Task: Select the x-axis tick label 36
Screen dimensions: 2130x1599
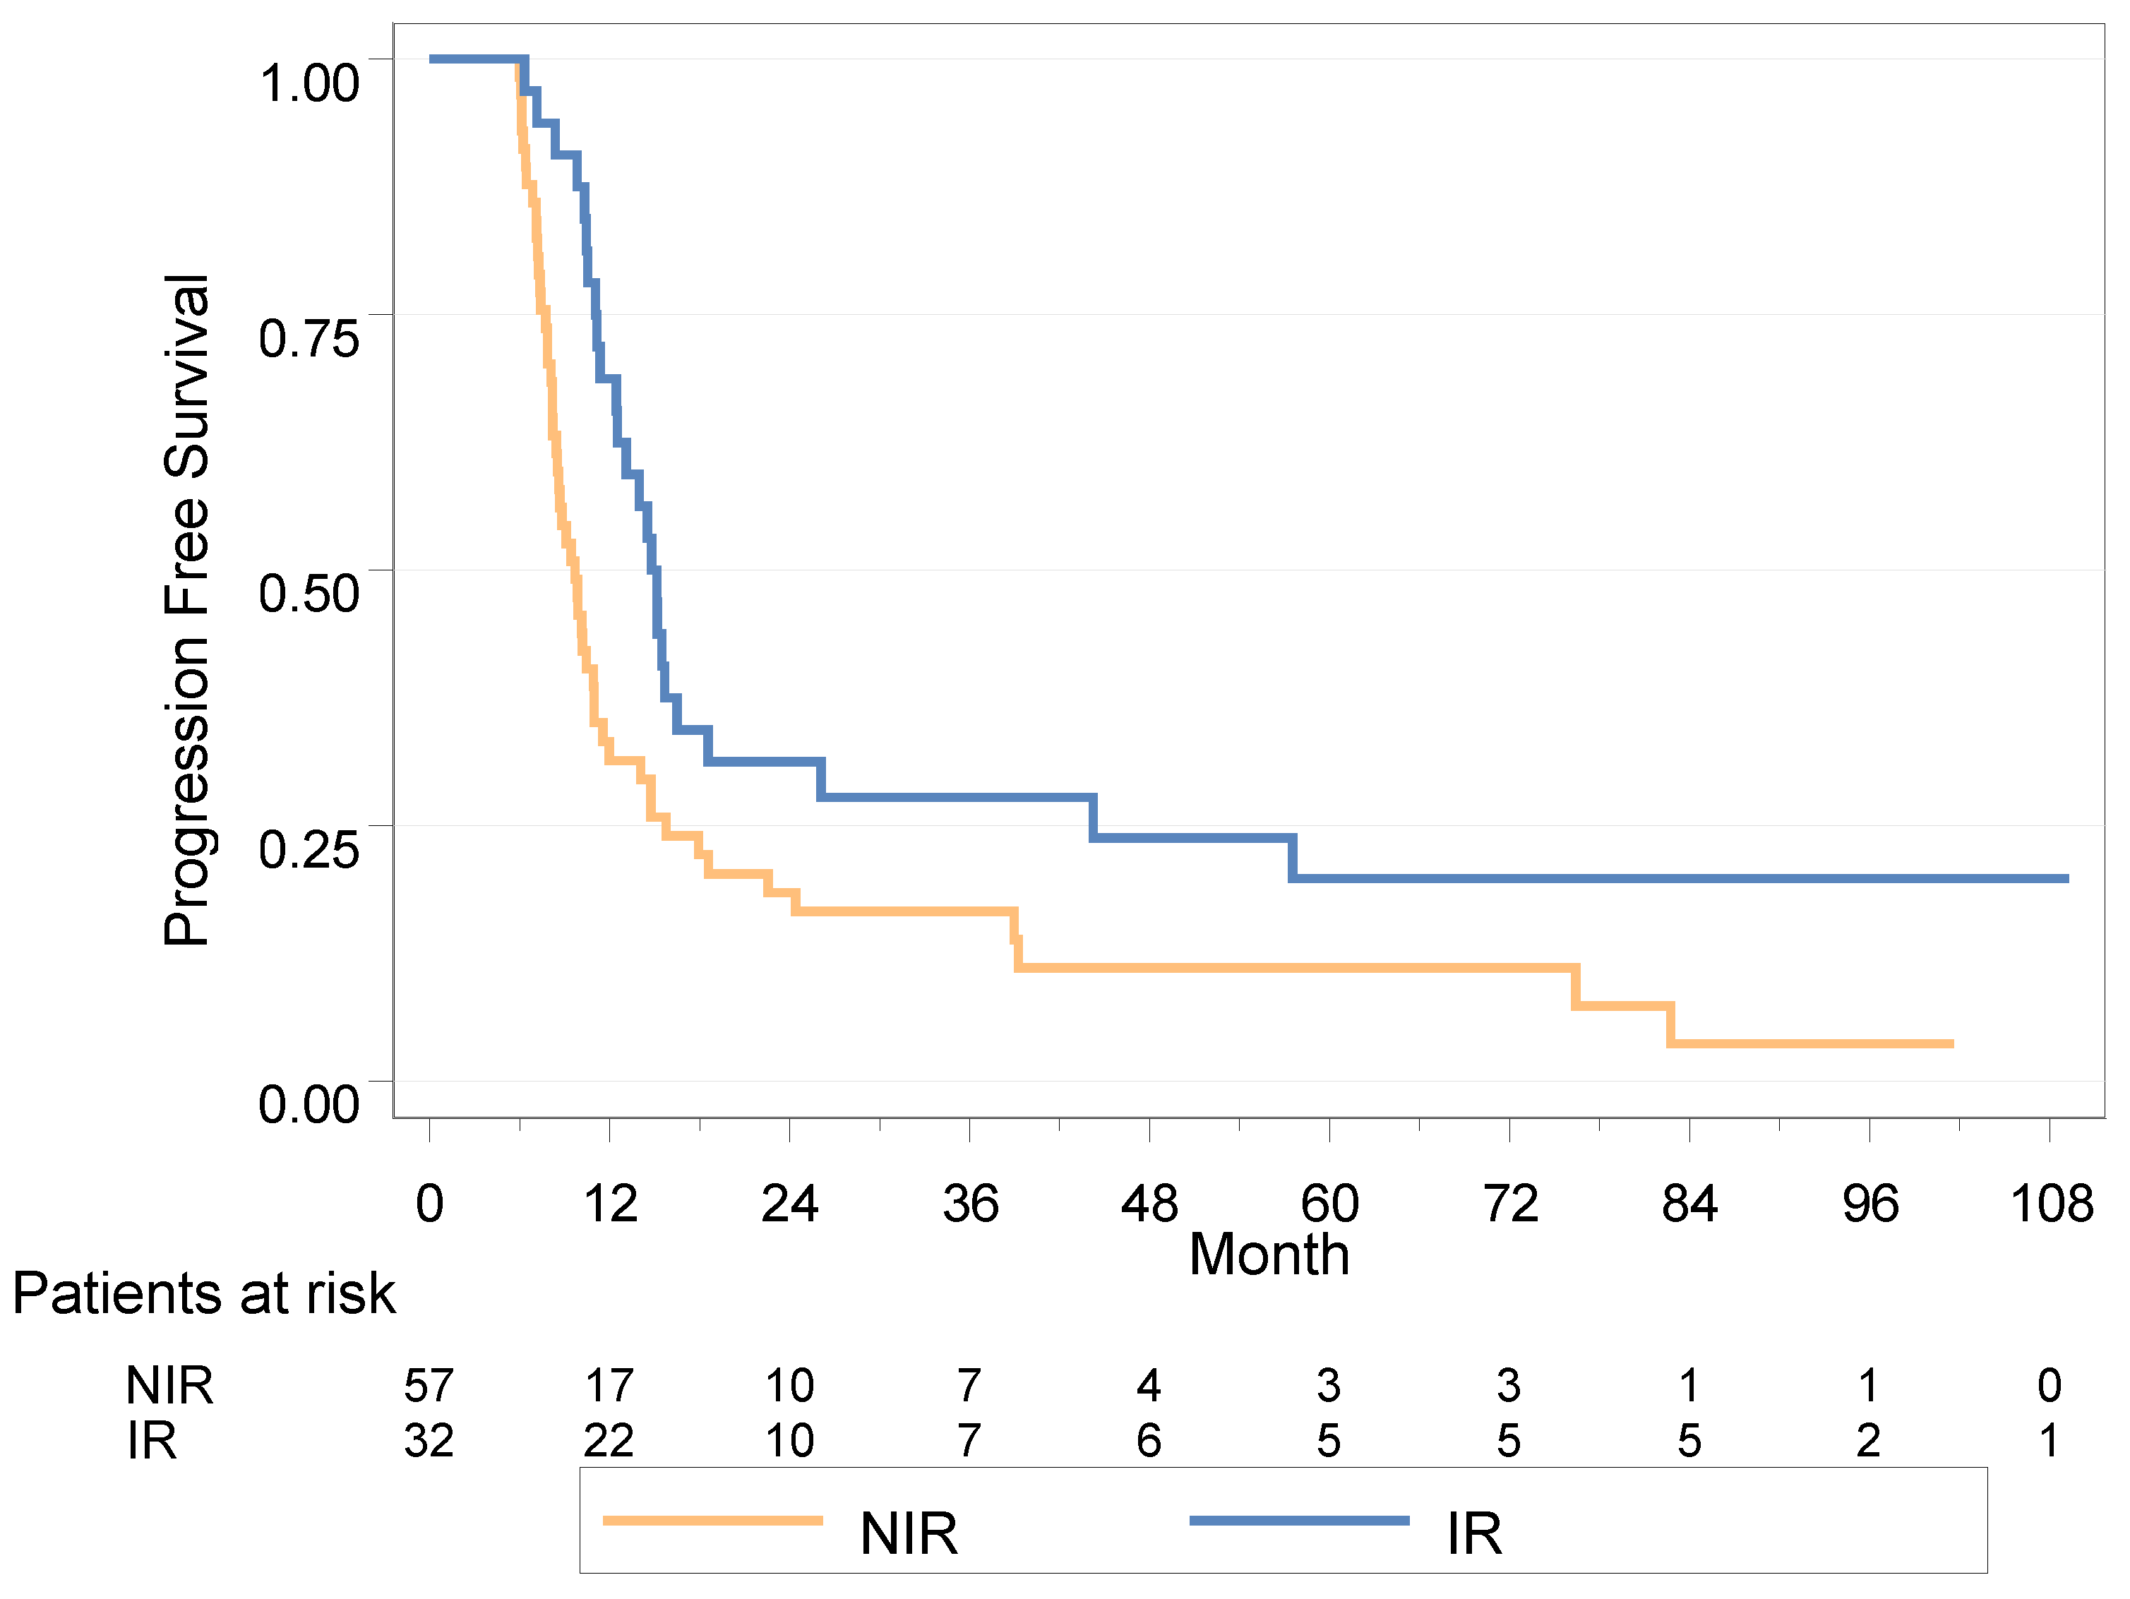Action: [x=969, y=1204]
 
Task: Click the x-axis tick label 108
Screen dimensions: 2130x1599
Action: [x=2050, y=1204]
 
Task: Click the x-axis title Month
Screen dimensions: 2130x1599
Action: [x=1269, y=1255]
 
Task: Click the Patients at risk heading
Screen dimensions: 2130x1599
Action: [x=203, y=1293]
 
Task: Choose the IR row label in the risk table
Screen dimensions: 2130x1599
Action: [x=152, y=1441]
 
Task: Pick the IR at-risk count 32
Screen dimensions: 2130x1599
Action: [x=429, y=1441]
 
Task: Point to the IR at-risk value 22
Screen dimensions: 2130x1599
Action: [x=609, y=1441]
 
